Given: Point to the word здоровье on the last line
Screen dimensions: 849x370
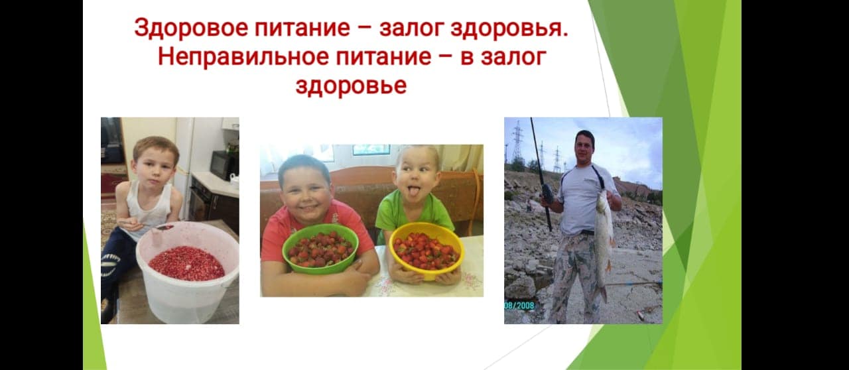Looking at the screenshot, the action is click(x=351, y=86).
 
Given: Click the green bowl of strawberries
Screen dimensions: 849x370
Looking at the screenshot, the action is click(x=320, y=249).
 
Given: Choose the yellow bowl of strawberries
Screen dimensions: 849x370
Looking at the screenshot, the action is click(x=426, y=250).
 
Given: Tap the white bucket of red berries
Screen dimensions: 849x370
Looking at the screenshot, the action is click(x=188, y=272).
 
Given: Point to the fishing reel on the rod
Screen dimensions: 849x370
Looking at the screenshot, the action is click(x=547, y=194).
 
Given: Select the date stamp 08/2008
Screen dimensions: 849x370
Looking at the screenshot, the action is click(x=519, y=305).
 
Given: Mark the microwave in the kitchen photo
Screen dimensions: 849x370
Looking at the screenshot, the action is click(x=224, y=165).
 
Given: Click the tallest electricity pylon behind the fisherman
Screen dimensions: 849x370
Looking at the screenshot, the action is click(x=518, y=141).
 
